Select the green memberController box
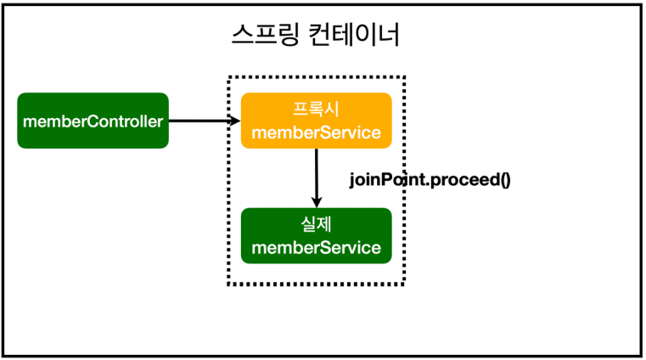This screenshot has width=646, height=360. click(93, 121)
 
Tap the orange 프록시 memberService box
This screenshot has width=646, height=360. click(316, 121)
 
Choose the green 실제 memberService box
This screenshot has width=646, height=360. click(316, 235)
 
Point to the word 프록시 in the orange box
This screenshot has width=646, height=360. click(316, 110)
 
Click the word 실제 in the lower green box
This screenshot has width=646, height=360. click(316, 224)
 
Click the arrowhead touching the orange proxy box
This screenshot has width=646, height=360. click(236, 121)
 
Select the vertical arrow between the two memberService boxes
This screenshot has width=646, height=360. click(316, 174)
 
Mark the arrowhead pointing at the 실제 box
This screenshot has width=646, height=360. click(316, 202)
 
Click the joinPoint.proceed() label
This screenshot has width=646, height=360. click(430, 180)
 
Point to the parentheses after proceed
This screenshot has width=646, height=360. click(504, 180)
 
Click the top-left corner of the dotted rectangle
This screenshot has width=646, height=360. click(229, 77)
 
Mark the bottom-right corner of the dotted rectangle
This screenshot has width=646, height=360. click(405, 284)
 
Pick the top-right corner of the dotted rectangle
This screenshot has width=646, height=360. click(405, 77)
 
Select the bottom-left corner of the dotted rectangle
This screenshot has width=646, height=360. click(229, 284)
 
